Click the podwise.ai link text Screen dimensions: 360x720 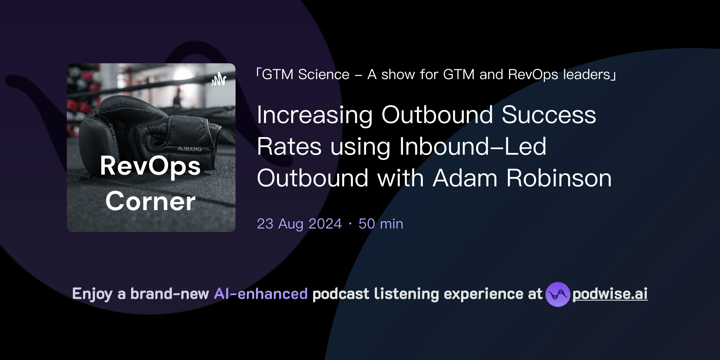(x=610, y=294)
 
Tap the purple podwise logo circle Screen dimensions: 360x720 (x=558, y=294)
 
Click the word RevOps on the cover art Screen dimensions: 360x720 (x=150, y=166)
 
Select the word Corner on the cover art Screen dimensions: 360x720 (x=150, y=201)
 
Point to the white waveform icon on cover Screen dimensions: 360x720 (x=219, y=79)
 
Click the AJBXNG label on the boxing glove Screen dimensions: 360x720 (x=190, y=149)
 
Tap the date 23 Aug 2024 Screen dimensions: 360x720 (x=299, y=224)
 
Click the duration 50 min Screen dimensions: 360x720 (x=381, y=224)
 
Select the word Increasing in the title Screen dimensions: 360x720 (x=315, y=115)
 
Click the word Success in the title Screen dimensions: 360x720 (x=549, y=115)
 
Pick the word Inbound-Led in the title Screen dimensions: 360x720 (x=472, y=147)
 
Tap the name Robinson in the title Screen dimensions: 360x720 (x=559, y=178)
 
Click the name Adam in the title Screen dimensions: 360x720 (x=465, y=178)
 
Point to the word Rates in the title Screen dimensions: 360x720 (x=289, y=147)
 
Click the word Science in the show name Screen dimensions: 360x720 (x=324, y=75)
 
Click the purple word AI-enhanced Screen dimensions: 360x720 (x=261, y=294)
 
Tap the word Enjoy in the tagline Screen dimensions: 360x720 (x=92, y=294)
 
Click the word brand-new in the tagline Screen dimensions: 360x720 (x=169, y=294)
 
